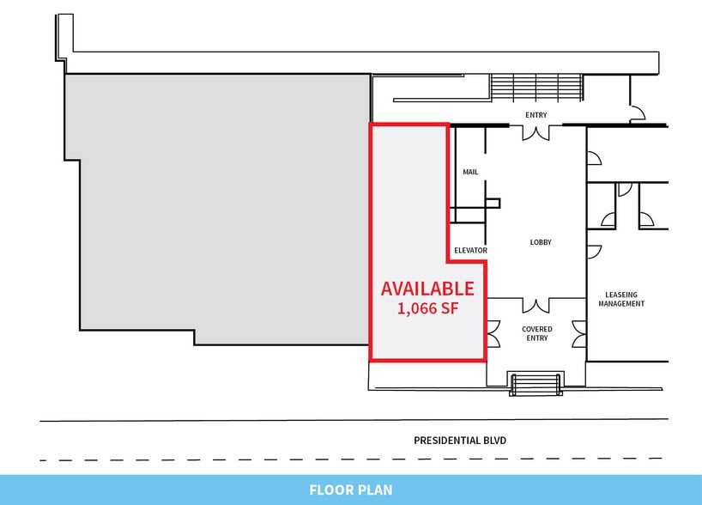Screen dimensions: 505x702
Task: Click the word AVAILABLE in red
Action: pyautogui.click(x=427, y=289)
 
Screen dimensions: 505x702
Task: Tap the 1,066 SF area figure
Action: pyautogui.click(x=427, y=308)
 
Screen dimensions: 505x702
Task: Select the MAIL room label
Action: pyautogui.click(x=470, y=172)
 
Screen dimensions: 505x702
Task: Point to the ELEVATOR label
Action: pyautogui.click(x=471, y=251)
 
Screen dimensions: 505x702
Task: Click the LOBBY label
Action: pyautogui.click(x=541, y=242)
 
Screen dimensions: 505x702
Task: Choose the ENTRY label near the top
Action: pyautogui.click(x=536, y=115)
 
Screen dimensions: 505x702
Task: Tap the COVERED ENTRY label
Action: pyautogui.click(x=536, y=333)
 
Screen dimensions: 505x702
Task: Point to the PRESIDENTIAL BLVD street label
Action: pyautogui.click(x=460, y=441)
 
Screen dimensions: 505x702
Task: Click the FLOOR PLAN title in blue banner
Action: pyautogui.click(x=351, y=490)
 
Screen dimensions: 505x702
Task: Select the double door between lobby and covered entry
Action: pyautogui.click(x=537, y=305)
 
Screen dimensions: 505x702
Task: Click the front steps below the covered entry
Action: pyautogui.click(x=536, y=383)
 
